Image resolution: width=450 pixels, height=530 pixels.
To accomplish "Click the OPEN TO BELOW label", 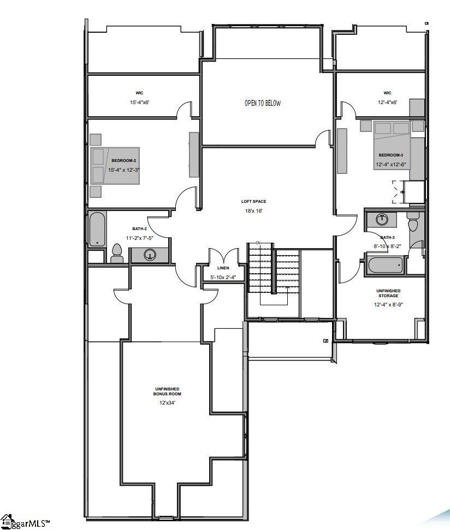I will (263, 104).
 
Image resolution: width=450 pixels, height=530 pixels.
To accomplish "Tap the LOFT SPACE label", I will (254, 201).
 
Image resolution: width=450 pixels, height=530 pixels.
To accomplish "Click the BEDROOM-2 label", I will (124, 160).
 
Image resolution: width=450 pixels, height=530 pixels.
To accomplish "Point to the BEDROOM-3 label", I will (390, 155).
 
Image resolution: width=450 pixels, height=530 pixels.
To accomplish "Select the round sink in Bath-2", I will (149, 255).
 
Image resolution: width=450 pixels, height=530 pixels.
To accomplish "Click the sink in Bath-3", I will (383, 220).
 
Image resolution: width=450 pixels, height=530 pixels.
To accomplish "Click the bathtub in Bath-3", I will (385, 266).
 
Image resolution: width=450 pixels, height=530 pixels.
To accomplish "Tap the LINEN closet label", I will (223, 268).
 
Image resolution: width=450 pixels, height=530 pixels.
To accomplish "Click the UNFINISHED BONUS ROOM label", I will (168, 391).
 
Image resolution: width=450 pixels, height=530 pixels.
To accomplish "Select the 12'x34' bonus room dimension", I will (168, 403).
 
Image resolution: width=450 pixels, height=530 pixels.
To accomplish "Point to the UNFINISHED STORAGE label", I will (388, 293).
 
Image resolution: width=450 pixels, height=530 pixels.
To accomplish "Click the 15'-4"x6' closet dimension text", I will (140, 103).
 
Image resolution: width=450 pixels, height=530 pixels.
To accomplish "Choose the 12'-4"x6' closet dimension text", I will (387, 103).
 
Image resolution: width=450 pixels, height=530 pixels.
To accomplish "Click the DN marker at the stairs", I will (258, 243).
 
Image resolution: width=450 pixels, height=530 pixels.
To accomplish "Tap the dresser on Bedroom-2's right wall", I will (194, 154).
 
